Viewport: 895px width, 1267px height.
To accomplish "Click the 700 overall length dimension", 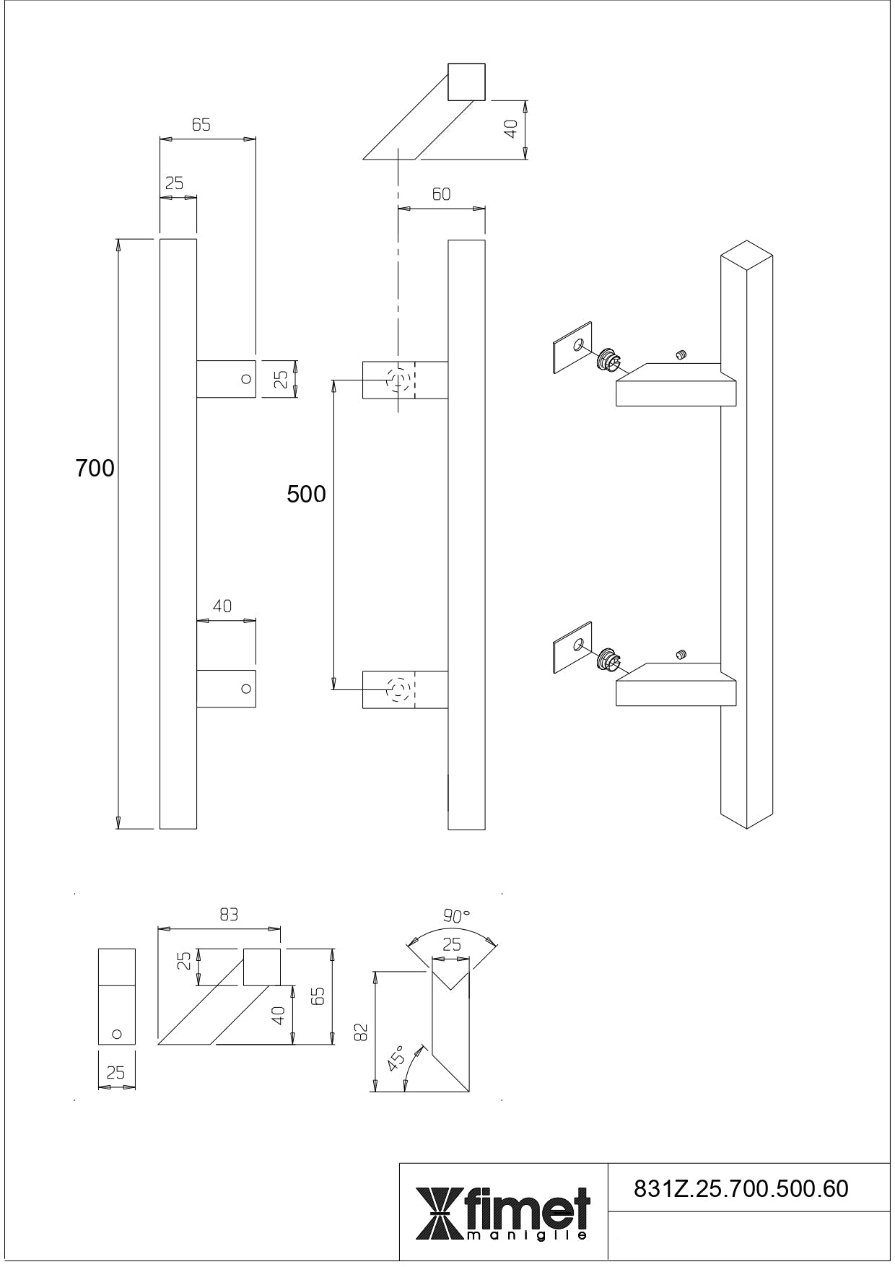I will pyautogui.click(x=95, y=469).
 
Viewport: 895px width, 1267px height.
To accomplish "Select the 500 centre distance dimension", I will pyautogui.click(x=306, y=494).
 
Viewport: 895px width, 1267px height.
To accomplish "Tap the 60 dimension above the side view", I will pyautogui.click(x=441, y=194).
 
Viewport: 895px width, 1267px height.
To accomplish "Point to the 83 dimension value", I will pyautogui.click(x=229, y=914).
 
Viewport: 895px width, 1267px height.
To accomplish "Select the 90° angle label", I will pyautogui.click(x=456, y=916).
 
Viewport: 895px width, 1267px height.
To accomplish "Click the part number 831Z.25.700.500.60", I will pyautogui.click(x=741, y=1188).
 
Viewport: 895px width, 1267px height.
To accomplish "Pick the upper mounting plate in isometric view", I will pyautogui.click(x=572, y=347).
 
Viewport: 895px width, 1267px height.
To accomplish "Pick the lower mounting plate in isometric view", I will pyautogui.click(x=572, y=646).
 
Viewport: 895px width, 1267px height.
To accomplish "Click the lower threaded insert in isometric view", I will pyautogui.click(x=608, y=659).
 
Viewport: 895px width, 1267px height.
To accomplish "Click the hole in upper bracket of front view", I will pyautogui.click(x=246, y=378).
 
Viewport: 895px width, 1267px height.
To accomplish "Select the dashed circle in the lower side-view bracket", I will pyautogui.click(x=398, y=689).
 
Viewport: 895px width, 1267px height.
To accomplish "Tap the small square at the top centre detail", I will pyautogui.click(x=466, y=82).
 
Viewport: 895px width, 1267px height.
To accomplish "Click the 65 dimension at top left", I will pyautogui.click(x=201, y=125).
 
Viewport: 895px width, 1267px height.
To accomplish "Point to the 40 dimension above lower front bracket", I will pyautogui.click(x=222, y=606).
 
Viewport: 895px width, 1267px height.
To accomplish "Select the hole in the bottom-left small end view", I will pyautogui.click(x=117, y=1034).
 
